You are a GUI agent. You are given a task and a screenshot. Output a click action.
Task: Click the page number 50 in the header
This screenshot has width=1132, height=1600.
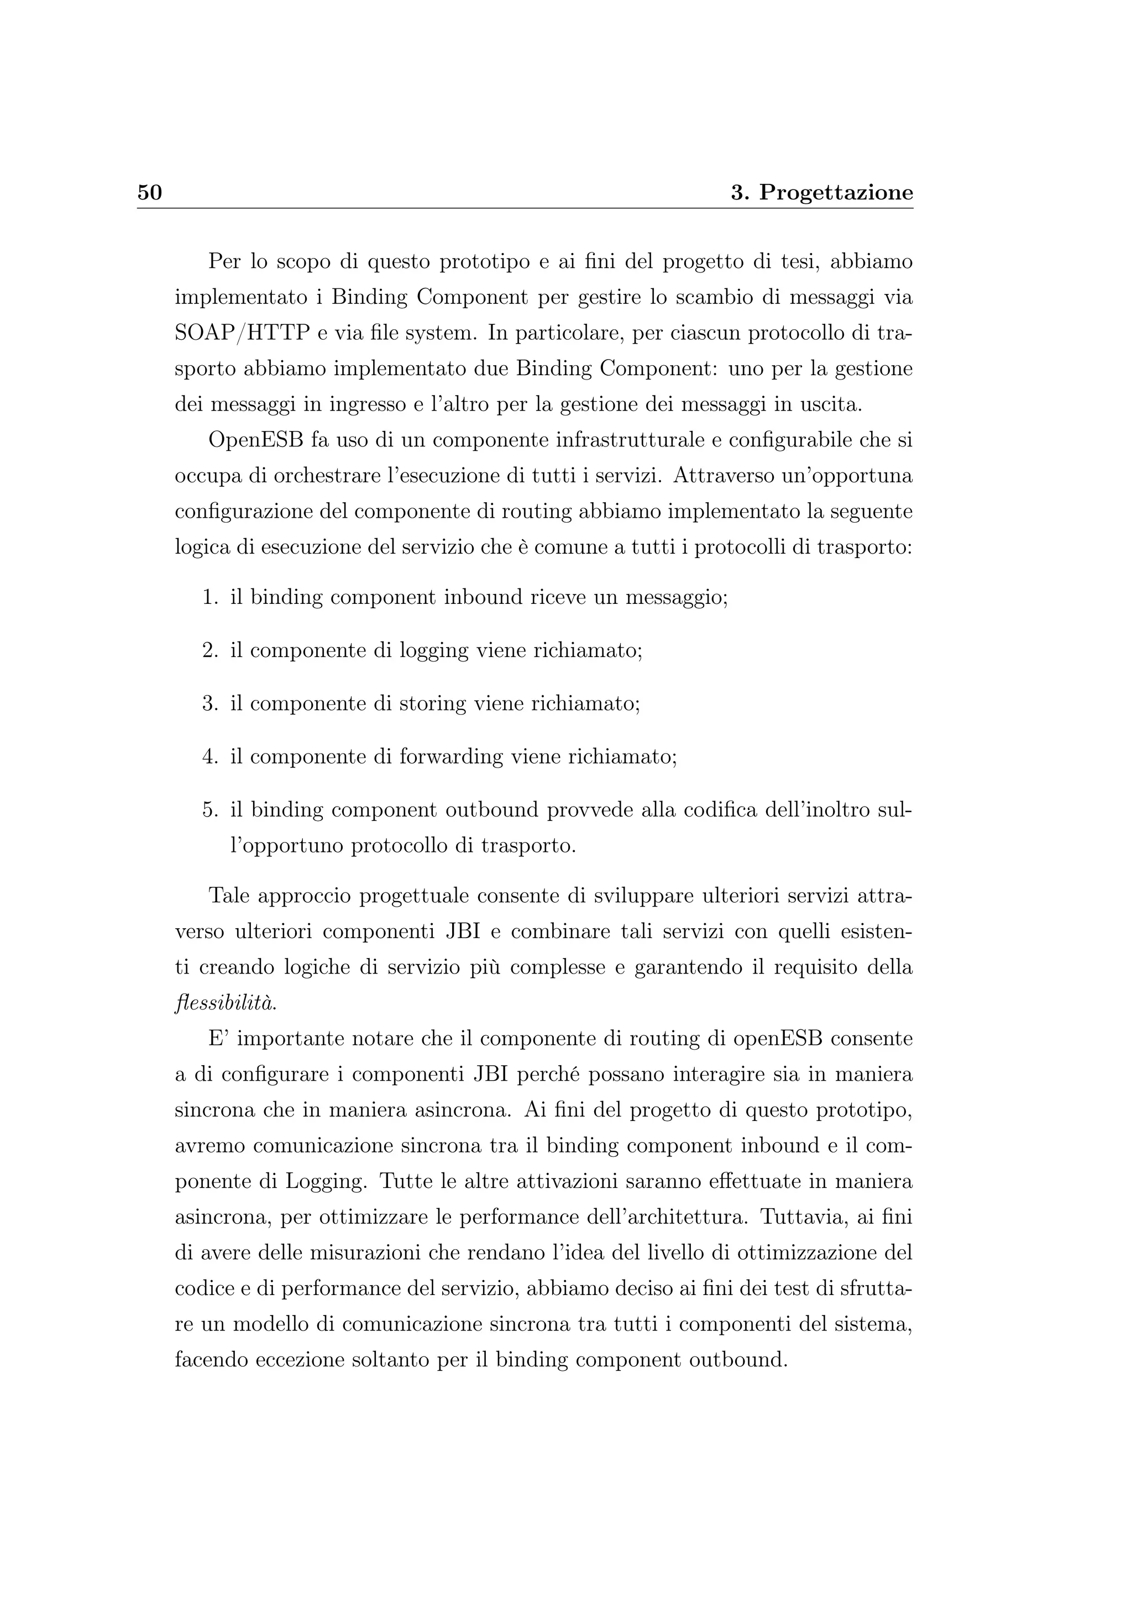point(149,192)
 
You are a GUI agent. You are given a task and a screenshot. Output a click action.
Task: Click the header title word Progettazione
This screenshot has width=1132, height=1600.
point(836,193)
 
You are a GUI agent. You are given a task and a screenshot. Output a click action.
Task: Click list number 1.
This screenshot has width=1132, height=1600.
point(210,598)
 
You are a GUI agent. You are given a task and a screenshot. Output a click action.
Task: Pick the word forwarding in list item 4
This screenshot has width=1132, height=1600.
point(451,757)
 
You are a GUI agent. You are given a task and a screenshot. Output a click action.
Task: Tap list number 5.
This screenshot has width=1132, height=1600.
point(210,810)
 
